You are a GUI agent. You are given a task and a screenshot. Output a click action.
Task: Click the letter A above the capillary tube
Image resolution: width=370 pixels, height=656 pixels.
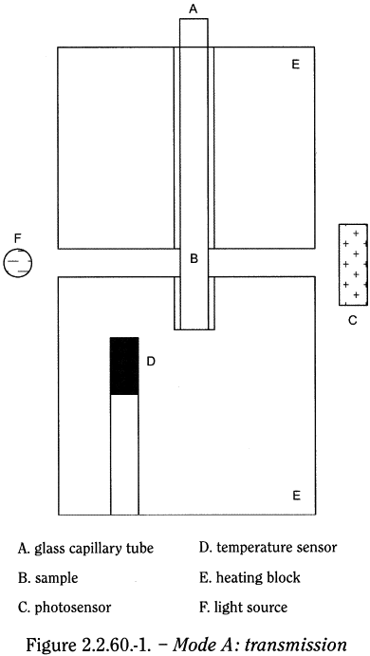coord(194,9)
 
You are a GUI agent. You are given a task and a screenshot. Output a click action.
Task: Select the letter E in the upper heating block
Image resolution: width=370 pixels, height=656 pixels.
coord(296,65)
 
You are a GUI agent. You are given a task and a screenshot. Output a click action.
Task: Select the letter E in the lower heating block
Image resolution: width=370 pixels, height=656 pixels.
coord(296,495)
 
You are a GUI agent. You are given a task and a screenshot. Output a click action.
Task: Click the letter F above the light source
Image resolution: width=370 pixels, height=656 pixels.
coord(16,236)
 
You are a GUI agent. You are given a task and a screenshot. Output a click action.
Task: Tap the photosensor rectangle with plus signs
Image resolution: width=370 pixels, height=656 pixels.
coord(353,264)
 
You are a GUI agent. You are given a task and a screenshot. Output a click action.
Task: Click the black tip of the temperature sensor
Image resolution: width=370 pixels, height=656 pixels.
coord(124,365)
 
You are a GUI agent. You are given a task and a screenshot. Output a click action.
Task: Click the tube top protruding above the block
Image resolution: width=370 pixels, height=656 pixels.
coord(194,31)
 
